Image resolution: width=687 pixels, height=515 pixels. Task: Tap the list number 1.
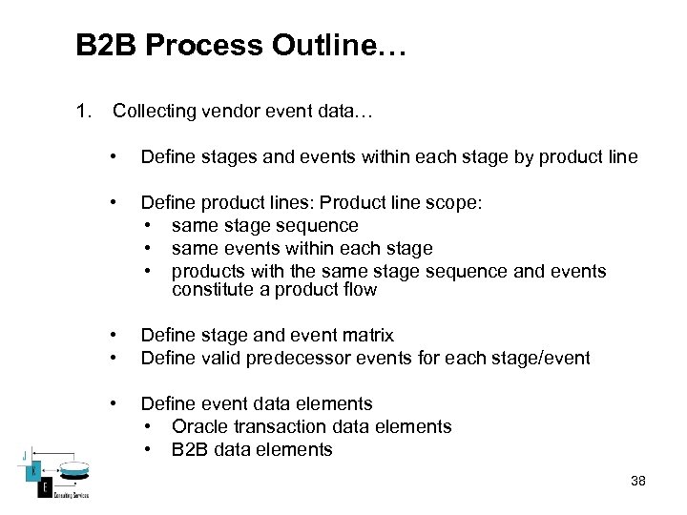pos(83,113)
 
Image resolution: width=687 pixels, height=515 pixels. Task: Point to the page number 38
pos(638,481)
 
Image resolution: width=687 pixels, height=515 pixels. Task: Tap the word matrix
pos(368,335)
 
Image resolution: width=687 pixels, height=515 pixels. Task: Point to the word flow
pos(358,290)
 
